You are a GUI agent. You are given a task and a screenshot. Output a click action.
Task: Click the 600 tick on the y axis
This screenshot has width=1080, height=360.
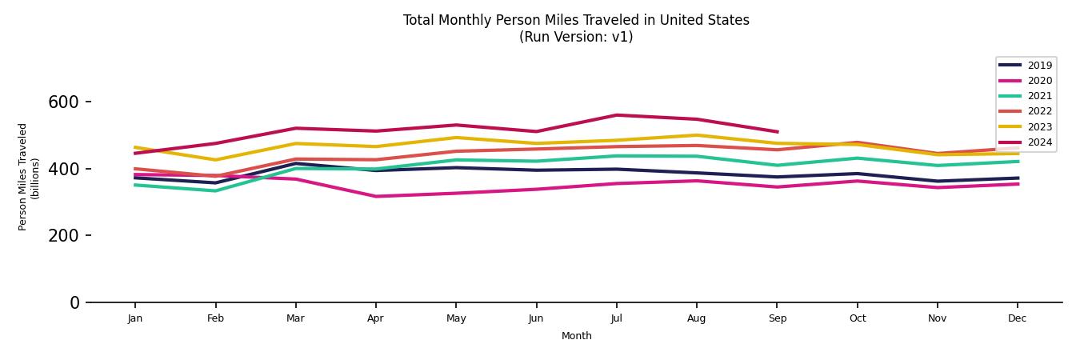click(x=63, y=102)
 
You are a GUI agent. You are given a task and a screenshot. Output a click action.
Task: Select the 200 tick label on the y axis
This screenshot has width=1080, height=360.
click(x=63, y=236)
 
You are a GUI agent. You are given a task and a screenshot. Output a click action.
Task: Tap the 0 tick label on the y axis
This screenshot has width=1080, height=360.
click(x=74, y=302)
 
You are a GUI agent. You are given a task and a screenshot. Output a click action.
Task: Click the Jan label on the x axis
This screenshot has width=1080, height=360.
click(x=135, y=318)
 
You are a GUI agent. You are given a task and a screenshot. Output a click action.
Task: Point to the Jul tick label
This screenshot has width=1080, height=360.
click(x=616, y=318)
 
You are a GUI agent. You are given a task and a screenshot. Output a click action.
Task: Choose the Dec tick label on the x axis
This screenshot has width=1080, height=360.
click(x=1017, y=318)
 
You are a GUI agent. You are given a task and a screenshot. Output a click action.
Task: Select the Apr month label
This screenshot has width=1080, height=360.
click(x=375, y=318)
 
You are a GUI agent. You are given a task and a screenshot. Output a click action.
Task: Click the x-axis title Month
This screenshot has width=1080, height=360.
click(x=576, y=336)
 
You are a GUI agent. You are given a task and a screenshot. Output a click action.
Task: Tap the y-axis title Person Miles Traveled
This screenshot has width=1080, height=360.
click(x=23, y=177)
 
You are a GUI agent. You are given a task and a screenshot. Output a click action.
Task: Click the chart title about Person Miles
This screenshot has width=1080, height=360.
click(x=576, y=20)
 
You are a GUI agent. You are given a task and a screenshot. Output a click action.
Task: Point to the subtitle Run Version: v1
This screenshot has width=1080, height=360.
click(x=576, y=37)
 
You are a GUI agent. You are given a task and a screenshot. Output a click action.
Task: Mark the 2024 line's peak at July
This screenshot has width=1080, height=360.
click(x=616, y=115)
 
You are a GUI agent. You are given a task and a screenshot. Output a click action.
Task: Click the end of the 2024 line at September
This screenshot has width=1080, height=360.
click(x=777, y=132)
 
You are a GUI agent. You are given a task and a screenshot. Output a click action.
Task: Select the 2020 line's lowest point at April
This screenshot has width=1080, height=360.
click(x=375, y=196)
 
